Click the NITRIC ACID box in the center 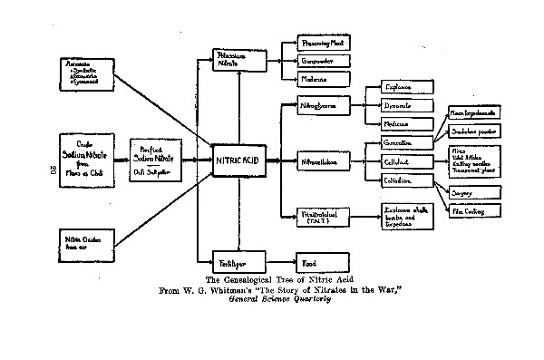[x=238, y=160]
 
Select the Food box [x=322, y=258]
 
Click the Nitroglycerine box [x=322, y=106]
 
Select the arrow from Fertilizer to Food [x=282, y=258]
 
